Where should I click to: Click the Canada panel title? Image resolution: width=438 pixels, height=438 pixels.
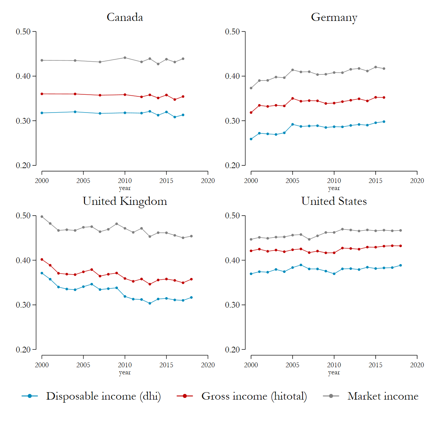click(125, 17)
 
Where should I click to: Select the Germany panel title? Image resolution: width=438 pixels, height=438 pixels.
click(334, 17)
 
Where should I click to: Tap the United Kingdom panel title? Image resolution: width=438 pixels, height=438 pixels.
click(125, 201)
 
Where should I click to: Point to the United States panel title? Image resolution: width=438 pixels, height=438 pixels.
click(334, 201)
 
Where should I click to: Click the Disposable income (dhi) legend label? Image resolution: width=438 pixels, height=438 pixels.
click(103, 396)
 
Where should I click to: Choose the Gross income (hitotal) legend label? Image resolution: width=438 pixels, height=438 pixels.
click(254, 396)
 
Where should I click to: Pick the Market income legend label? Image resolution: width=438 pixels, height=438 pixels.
click(383, 396)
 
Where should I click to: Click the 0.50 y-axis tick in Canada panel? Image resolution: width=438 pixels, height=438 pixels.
click(23, 32)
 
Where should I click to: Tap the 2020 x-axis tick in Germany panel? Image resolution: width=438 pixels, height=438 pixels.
click(417, 181)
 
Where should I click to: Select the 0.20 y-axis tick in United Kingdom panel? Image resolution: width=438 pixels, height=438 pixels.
click(23, 350)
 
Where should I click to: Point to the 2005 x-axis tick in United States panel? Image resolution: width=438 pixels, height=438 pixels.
click(292, 365)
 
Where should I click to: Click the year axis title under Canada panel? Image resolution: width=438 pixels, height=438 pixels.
click(125, 188)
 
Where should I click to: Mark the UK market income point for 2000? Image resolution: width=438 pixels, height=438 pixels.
click(42, 217)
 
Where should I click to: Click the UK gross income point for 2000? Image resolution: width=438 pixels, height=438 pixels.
click(42, 259)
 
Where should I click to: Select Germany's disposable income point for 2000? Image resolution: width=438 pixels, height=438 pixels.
click(251, 139)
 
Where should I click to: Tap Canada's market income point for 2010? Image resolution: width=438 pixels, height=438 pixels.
click(125, 58)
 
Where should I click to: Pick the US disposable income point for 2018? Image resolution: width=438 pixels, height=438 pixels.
click(401, 265)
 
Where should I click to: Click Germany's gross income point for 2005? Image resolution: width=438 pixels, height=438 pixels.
click(292, 98)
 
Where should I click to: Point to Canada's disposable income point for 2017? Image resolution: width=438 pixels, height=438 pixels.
click(183, 115)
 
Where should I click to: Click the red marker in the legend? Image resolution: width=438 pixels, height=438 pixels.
click(185, 396)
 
